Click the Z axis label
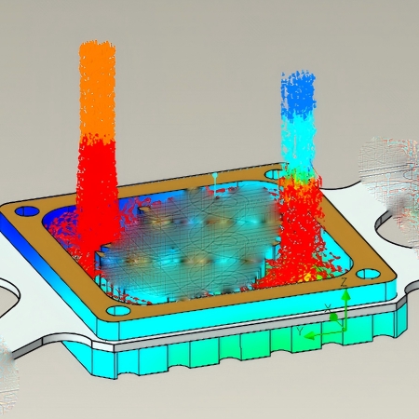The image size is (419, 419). click(344, 282)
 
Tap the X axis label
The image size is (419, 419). click(328, 308)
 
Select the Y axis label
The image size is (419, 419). click(300, 331)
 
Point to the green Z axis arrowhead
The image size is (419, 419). click(346, 294)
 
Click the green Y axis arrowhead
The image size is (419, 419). click(309, 335)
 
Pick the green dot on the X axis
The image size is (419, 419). click(333, 318)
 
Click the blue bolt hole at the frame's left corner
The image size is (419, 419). click(26, 211)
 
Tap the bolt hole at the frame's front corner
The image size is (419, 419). click(118, 310)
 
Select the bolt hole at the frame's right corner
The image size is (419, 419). click(368, 274)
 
